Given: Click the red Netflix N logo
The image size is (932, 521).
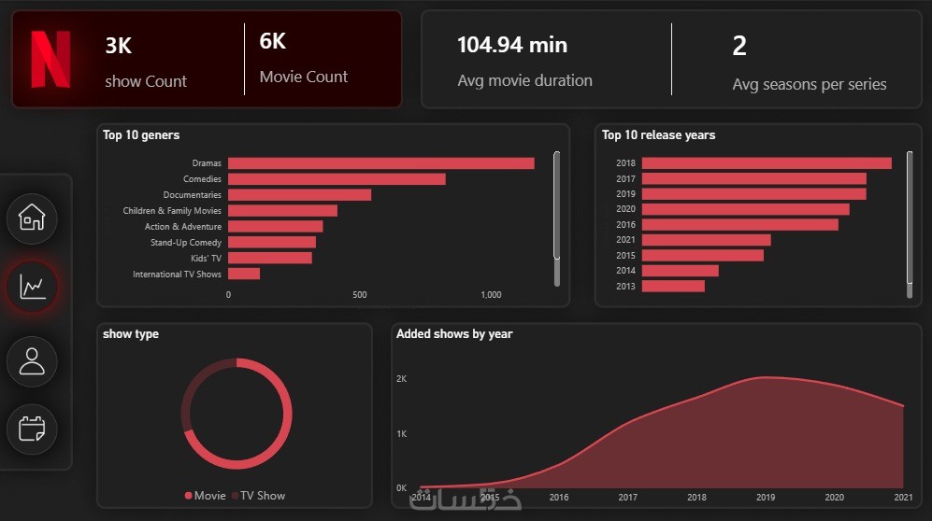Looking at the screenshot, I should [x=50, y=59].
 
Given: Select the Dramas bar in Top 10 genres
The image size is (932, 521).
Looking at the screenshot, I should [x=380, y=163].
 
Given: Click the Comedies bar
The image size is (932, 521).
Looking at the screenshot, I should [x=337, y=179].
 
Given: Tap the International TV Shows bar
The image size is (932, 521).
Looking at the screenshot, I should [x=244, y=274].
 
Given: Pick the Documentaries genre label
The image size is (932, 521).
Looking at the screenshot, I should [x=193, y=195].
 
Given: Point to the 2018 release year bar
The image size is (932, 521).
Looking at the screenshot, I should [x=767, y=163].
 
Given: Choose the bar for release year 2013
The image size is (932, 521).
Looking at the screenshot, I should [x=673, y=286].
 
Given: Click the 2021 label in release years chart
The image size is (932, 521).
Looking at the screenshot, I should [x=625, y=240].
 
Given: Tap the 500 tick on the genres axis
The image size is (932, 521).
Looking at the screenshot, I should [x=360, y=295].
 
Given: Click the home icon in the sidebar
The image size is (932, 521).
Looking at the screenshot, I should [x=33, y=218].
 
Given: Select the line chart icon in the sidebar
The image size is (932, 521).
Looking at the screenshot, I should [x=33, y=287].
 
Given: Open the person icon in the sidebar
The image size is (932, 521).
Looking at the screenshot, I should [x=33, y=360].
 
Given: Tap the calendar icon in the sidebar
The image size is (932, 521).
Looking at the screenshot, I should [x=33, y=429].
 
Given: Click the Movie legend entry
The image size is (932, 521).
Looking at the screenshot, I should [x=206, y=496].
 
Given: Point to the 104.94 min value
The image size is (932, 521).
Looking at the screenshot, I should [x=512, y=45].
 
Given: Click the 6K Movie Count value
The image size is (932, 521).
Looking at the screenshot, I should [x=273, y=42].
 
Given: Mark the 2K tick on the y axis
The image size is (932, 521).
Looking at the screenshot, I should [x=401, y=379].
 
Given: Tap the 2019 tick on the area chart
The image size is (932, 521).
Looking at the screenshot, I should [x=766, y=498].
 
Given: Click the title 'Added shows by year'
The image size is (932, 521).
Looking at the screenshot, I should [x=454, y=334].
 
